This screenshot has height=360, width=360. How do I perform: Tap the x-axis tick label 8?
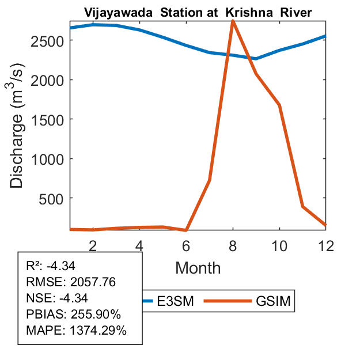click(x=233, y=246)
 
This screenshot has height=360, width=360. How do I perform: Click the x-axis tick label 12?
click(x=325, y=246)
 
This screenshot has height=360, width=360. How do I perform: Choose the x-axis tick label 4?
click(x=139, y=246)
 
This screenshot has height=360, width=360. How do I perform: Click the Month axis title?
click(x=198, y=267)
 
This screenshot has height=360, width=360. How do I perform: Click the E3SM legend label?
click(x=176, y=301)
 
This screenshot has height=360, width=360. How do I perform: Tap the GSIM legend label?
click(x=273, y=301)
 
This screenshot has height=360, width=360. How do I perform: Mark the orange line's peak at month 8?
click(x=233, y=21)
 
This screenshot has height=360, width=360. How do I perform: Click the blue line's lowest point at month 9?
click(x=256, y=59)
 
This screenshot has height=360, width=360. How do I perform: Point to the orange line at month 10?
click(x=279, y=105)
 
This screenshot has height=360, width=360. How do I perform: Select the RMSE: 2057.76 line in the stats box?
click(x=63, y=282)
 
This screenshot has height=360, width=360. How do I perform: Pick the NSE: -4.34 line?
click(x=55, y=298)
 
